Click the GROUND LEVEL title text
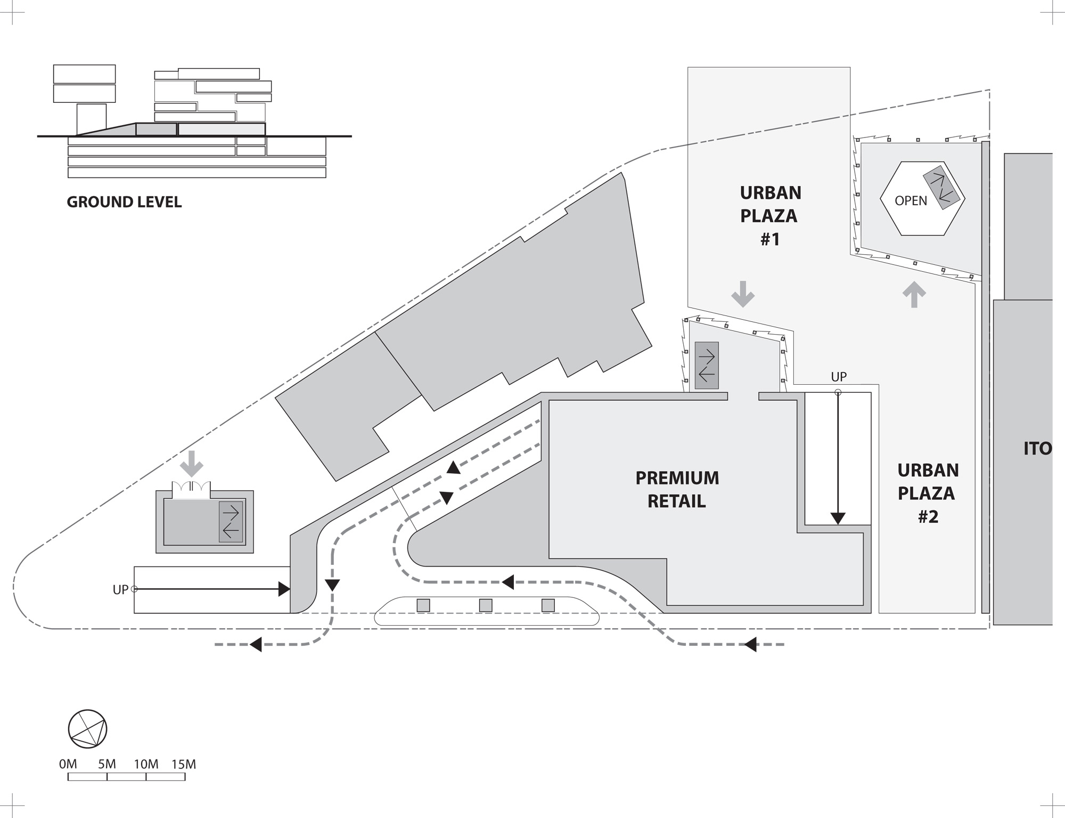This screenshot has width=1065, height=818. click(x=124, y=203)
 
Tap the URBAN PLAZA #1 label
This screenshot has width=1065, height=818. click(x=770, y=216)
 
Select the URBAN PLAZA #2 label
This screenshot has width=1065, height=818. click(x=928, y=493)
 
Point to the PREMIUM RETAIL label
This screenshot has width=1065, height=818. click(x=677, y=489)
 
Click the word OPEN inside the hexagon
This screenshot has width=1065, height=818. click(x=911, y=201)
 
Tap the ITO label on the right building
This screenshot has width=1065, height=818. click(x=1037, y=449)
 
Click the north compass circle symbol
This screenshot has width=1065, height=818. click(x=88, y=728)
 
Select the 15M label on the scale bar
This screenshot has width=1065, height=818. click(x=184, y=764)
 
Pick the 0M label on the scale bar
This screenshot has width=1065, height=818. click(x=68, y=764)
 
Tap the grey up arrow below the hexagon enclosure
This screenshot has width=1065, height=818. click(x=914, y=294)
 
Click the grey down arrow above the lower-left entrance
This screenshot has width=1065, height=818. click(x=192, y=463)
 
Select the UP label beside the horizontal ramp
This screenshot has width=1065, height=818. click(x=120, y=590)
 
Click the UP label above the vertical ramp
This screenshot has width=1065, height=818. click(x=839, y=377)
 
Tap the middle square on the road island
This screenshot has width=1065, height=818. click(x=485, y=605)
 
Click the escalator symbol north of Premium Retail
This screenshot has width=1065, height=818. click(x=707, y=366)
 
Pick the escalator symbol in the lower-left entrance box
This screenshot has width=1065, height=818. click(x=231, y=522)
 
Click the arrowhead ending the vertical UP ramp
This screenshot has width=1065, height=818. click(x=838, y=518)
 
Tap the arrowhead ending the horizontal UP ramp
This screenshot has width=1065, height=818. click(x=284, y=589)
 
